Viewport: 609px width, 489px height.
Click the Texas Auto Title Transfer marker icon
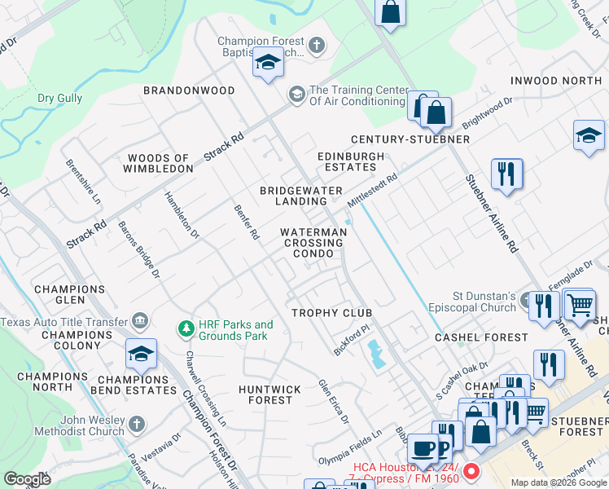142,321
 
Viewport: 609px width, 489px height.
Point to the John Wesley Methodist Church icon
137,425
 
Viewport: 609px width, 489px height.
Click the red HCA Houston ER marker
471,472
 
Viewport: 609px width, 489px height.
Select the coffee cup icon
422,448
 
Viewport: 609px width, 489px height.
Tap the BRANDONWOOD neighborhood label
189,90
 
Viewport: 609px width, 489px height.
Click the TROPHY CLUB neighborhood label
332,313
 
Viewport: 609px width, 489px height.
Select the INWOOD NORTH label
556,81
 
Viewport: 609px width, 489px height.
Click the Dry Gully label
59,99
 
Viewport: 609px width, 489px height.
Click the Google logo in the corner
28,478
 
